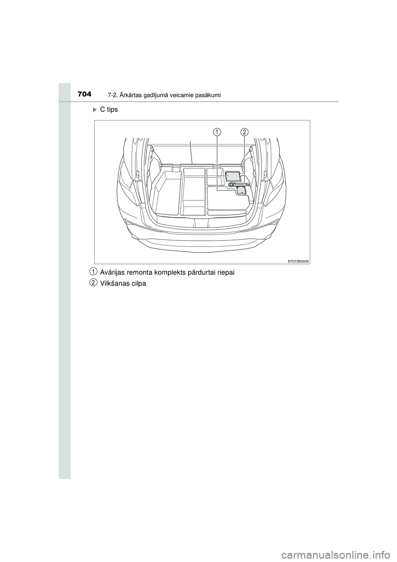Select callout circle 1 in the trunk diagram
pos(217,132)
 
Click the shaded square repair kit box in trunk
pos(233,176)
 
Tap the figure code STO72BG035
pos(299,261)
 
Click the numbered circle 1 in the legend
pos(94,271)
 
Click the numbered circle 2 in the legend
pos(94,283)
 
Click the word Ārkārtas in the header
pos(127,95)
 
